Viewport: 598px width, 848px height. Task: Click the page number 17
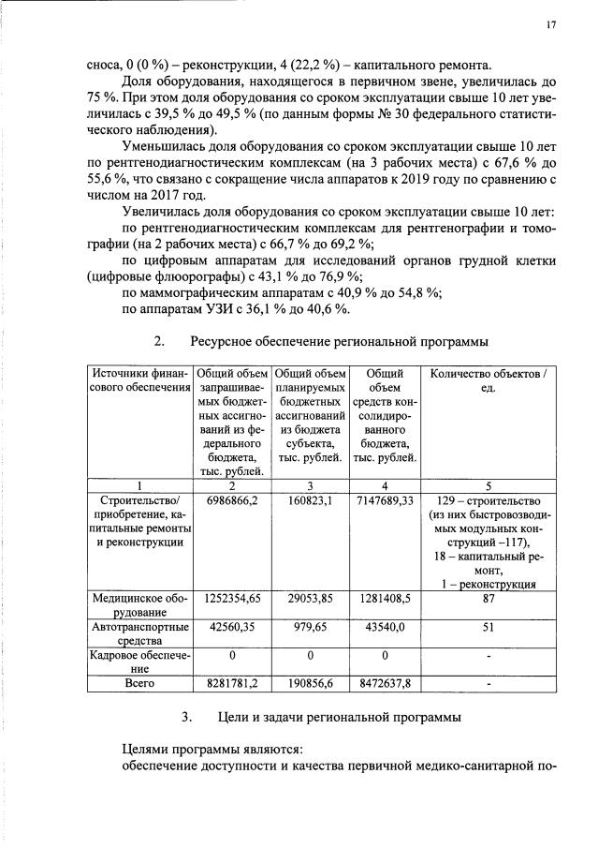point(551,25)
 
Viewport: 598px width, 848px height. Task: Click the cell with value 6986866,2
point(232,501)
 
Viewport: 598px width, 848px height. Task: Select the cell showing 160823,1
point(310,501)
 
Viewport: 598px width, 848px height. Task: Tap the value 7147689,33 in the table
point(385,501)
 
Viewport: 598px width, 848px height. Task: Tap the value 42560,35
point(232,628)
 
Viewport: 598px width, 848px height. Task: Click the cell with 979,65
point(310,628)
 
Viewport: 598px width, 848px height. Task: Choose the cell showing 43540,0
point(385,628)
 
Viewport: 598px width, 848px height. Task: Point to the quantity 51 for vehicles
point(488,628)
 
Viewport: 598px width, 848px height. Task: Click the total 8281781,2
point(232,686)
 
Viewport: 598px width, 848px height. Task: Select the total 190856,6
point(310,686)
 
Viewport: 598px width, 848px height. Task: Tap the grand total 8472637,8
point(385,686)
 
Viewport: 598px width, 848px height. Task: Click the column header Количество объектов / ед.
point(488,381)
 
